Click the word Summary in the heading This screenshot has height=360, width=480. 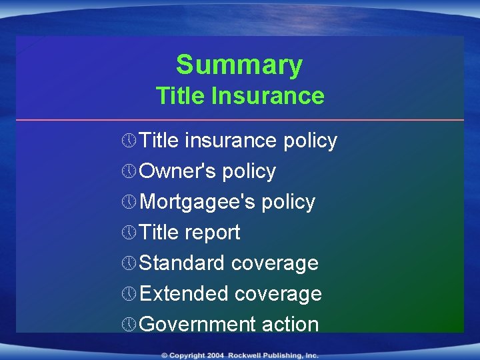point(239,65)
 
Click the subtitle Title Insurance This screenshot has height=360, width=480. point(240,96)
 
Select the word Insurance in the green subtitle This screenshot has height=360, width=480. point(267,96)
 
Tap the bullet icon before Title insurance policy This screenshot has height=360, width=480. point(129,141)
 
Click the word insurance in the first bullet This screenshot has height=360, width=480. point(231,141)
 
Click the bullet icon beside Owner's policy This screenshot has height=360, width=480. point(129,171)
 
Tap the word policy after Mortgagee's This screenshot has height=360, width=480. point(288,202)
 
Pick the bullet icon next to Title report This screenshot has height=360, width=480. point(129,233)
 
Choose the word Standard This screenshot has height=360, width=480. point(182,263)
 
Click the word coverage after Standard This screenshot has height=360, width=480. point(275,263)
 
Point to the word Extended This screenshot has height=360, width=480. point(184,294)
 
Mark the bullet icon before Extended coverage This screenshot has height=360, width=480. point(129,294)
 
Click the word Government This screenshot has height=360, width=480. point(198,325)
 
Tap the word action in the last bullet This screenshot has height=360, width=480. point(290,325)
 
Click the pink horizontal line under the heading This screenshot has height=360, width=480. point(240,120)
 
